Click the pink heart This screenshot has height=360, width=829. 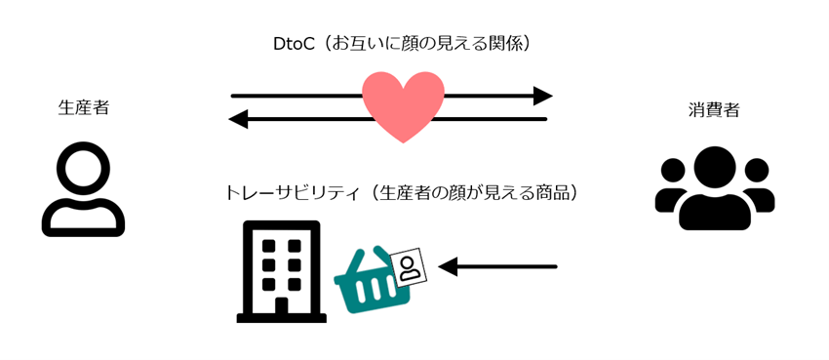[x=403, y=105]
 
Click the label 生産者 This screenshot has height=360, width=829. [x=84, y=107]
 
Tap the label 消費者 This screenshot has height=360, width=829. [x=713, y=110]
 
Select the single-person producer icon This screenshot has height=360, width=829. [x=83, y=193]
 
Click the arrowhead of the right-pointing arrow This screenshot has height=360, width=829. [x=542, y=96]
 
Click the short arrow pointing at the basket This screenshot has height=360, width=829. [x=497, y=265]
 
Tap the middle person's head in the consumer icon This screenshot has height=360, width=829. [x=714, y=167]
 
